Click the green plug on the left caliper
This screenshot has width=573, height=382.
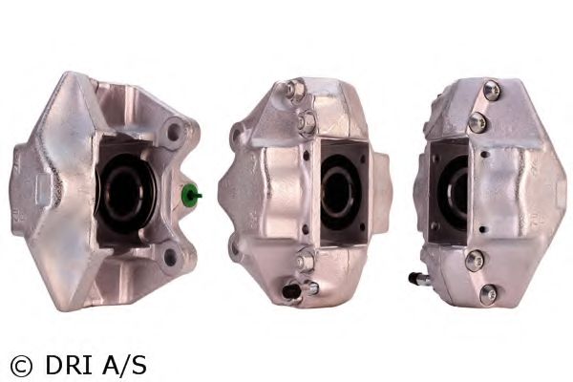pyautogui.click(x=190, y=194)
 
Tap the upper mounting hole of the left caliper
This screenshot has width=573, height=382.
pyautogui.click(x=174, y=131)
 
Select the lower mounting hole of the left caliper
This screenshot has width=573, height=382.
pyautogui.click(x=170, y=257)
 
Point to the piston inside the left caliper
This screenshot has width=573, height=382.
pyautogui.click(x=126, y=194)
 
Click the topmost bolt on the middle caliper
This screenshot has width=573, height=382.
pyautogui.click(x=295, y=90)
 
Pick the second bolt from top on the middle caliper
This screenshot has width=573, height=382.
pyautogui.click(x=307, y=119)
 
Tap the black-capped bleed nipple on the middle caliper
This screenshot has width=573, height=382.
pyautogui.click(x=291, y=291)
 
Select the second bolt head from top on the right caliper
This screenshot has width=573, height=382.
pyautogui.click(x=477, y=122)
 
